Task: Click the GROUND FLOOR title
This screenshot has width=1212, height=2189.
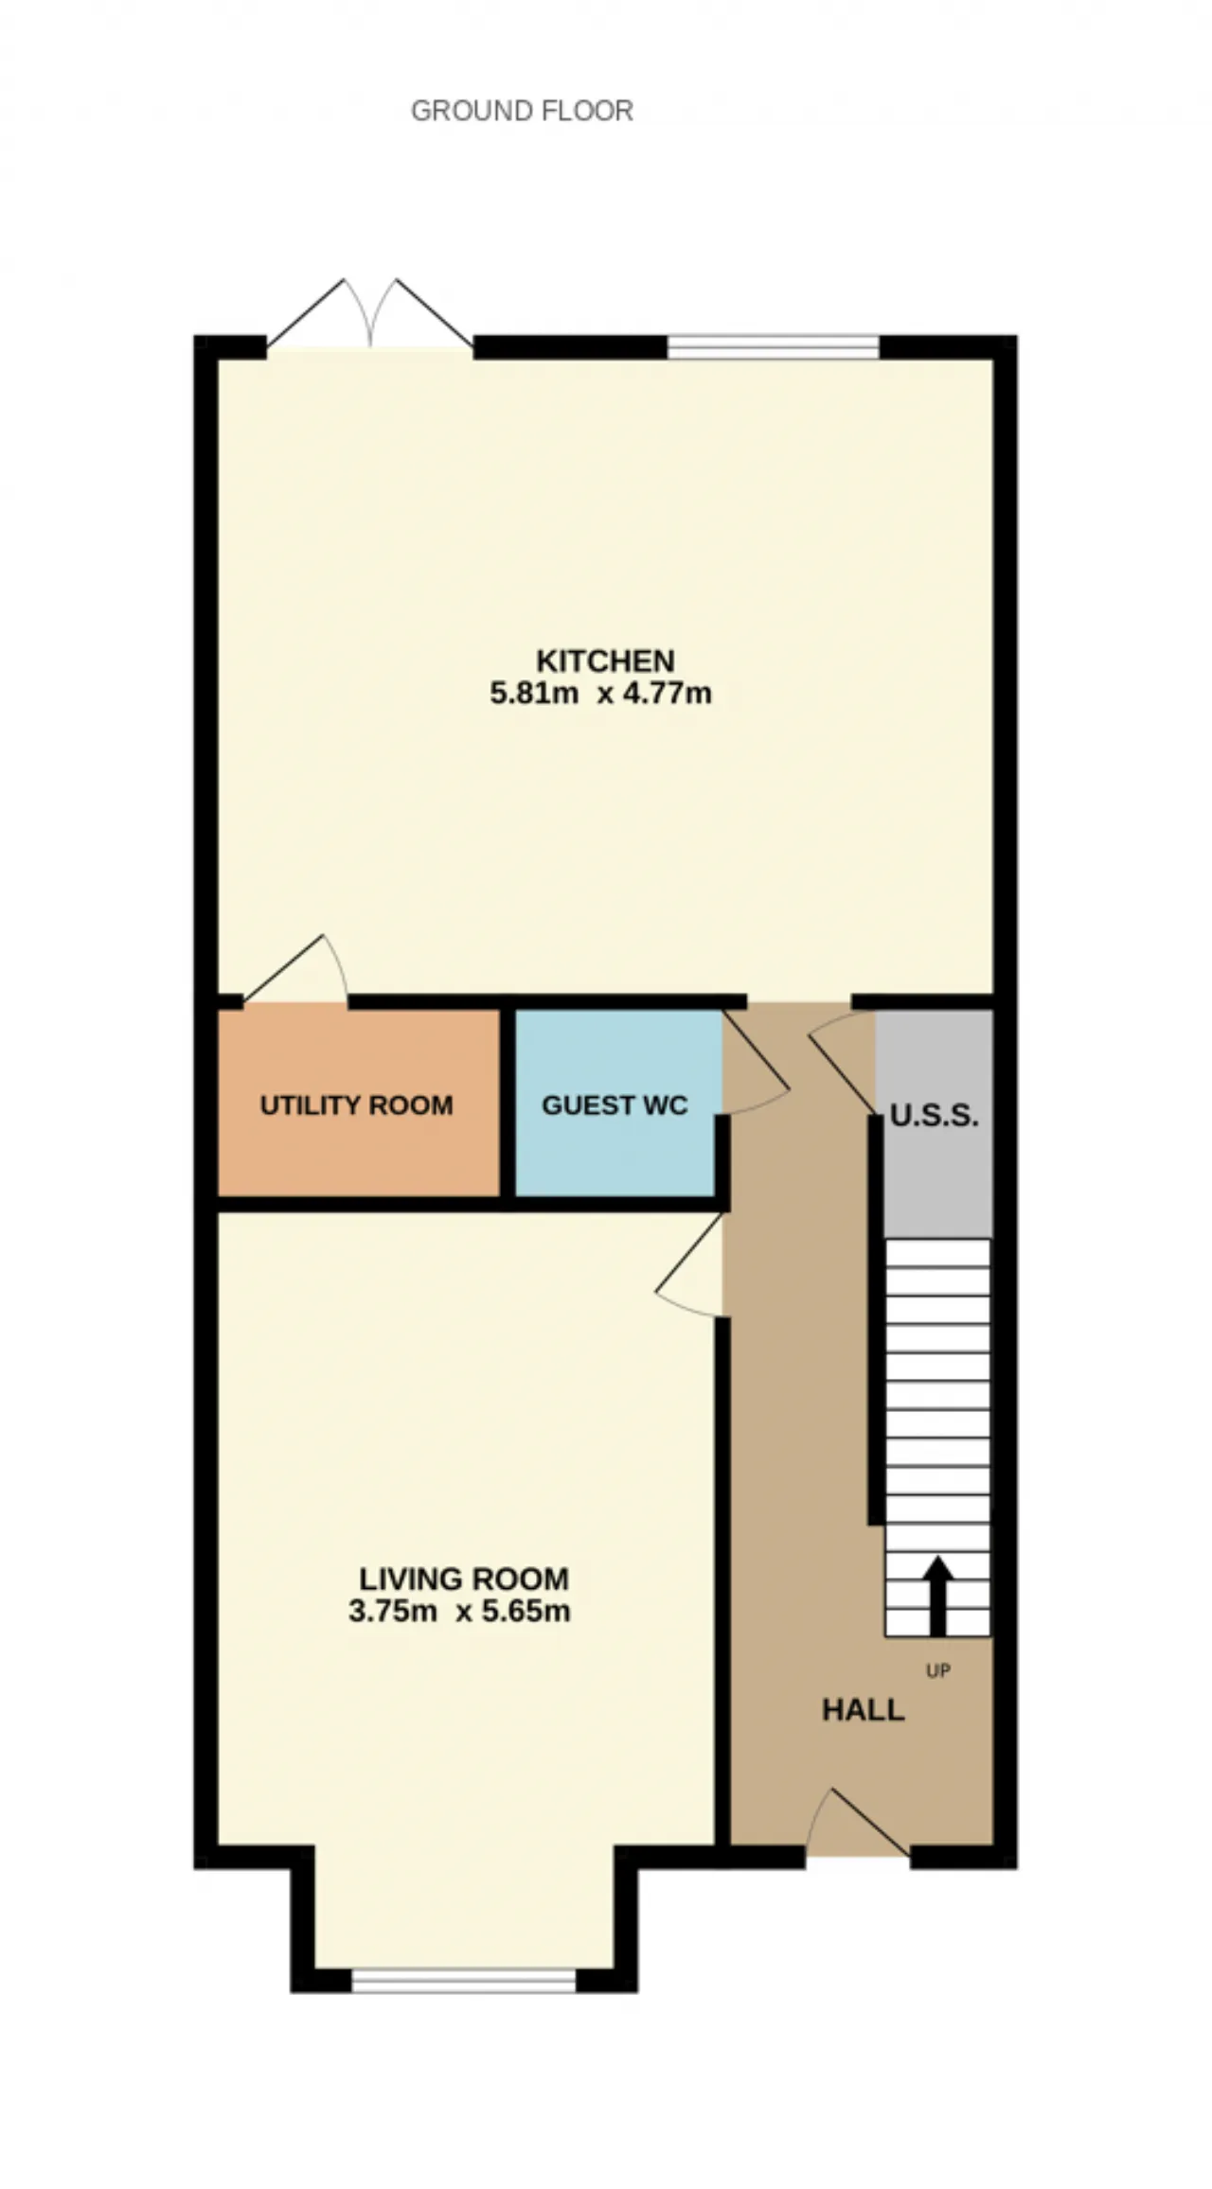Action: [522, 111]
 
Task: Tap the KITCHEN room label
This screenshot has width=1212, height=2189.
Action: [605, 660]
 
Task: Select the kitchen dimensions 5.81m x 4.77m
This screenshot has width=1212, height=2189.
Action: [600, 693]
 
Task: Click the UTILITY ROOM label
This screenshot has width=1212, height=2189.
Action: [356, 1104]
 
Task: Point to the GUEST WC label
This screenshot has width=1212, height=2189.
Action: [615, 1104]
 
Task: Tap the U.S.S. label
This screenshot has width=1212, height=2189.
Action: [934, 1116]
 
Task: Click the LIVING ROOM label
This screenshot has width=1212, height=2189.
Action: [464, 1579]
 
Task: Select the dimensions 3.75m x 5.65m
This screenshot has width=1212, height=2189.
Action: [459, 1611]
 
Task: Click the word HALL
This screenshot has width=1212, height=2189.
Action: [863, 1710]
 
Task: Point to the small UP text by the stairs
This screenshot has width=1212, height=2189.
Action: [937, 1671]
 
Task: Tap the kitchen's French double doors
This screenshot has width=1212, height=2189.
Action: [370, 314]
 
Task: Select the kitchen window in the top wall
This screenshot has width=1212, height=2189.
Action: [774, 347]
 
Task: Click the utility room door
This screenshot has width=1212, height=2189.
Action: [295, 969]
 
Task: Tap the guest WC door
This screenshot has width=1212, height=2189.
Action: [756, 1063]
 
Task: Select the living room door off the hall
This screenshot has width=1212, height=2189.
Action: [689, 1265]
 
